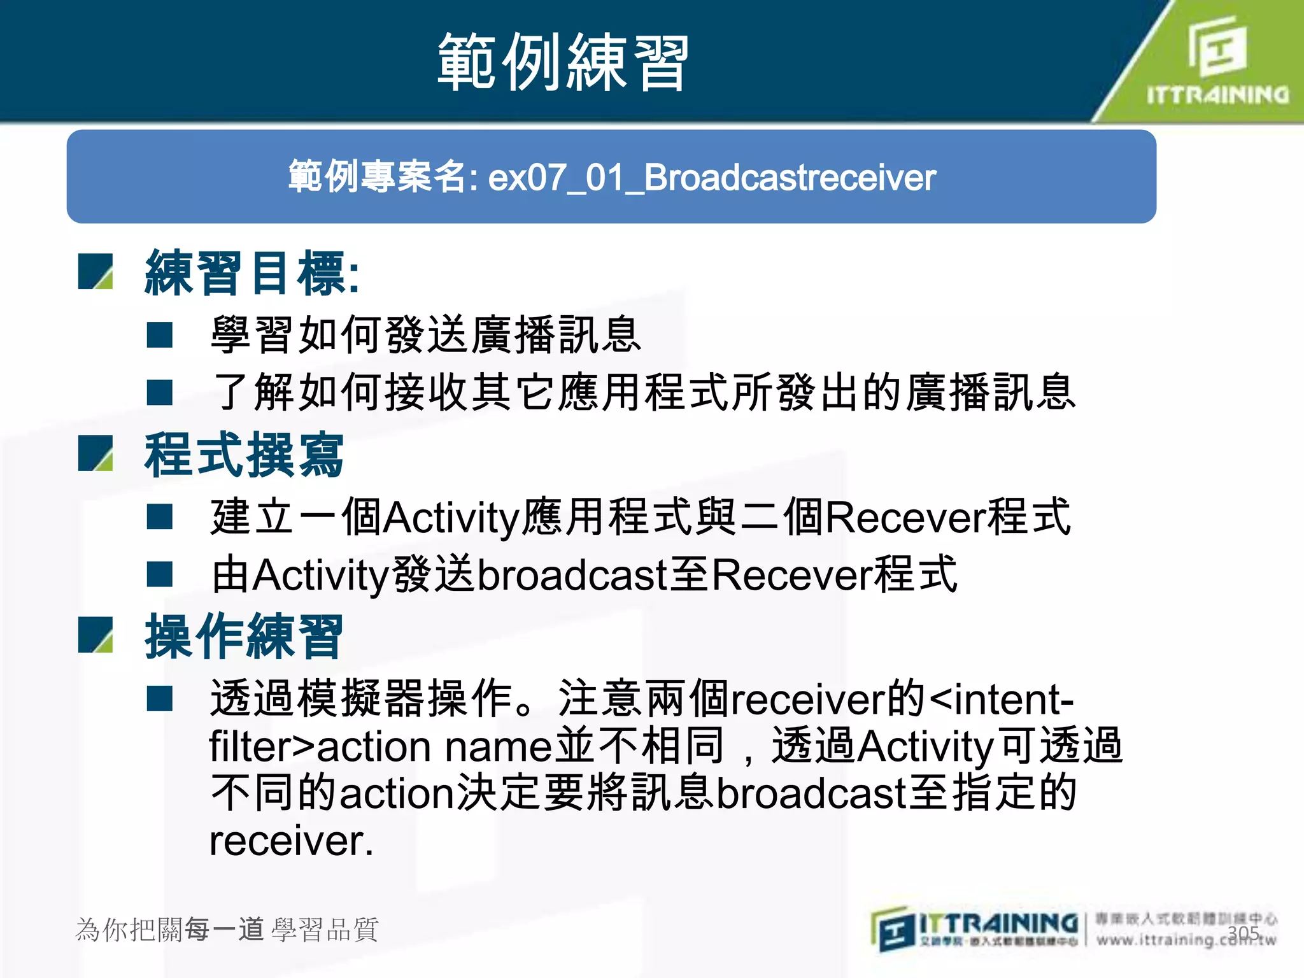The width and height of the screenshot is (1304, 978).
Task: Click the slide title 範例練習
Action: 563,62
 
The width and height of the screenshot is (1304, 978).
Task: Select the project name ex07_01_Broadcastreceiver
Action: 712,177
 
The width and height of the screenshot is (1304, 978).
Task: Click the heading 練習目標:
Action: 252,273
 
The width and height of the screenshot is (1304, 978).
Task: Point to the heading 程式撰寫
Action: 244,455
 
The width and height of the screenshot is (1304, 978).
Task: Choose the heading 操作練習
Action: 244,636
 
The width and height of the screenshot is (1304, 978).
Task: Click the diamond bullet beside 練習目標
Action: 96,272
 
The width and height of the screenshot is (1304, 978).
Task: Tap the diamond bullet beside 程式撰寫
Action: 96,453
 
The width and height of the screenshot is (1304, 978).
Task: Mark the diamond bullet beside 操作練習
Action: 96,635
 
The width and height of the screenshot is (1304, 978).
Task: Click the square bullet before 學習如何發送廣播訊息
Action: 160,335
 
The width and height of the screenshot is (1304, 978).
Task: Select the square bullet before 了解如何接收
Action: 160,392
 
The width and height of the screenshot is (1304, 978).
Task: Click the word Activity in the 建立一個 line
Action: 452,517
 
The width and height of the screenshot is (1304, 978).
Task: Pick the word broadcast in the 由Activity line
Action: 572,574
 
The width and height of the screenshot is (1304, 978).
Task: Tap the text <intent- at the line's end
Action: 1002,698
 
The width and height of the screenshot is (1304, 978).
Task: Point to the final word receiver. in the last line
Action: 291,840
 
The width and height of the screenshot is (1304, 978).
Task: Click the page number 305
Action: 1243,933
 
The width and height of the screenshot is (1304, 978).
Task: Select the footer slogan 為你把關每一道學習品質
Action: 227,930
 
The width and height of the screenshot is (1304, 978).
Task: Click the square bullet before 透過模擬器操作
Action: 160,698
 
